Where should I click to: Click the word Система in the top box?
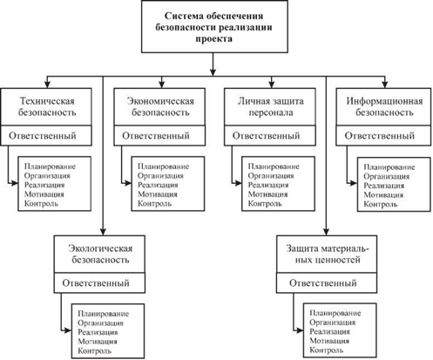coord(183,16)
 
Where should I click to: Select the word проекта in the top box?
coord(214,38)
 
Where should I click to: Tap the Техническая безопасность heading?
coord(47,106)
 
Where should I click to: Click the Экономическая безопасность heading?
coord(160,106)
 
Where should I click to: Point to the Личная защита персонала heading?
coord(271,106)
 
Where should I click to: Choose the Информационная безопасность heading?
coord(384,106)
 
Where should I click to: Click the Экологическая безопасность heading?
coord(100,254)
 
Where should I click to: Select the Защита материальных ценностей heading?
coord(328,254)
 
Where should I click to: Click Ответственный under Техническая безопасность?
coord(43,136)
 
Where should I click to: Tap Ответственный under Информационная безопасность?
coord(379,136)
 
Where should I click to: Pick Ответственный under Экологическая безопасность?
coord(96,283)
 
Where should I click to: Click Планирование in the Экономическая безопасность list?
coord(163,166)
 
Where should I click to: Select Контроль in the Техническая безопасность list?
coord(41,203)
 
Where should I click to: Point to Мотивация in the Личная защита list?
coord(267,194)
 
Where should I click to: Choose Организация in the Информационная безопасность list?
coord(387,176)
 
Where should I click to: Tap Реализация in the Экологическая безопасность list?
coord(98,332)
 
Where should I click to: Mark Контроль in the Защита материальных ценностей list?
coord(327,350)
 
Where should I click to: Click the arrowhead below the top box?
coord(213,71)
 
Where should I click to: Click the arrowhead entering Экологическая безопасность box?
coord(103,231)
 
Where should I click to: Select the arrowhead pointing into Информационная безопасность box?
coord(385,84)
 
